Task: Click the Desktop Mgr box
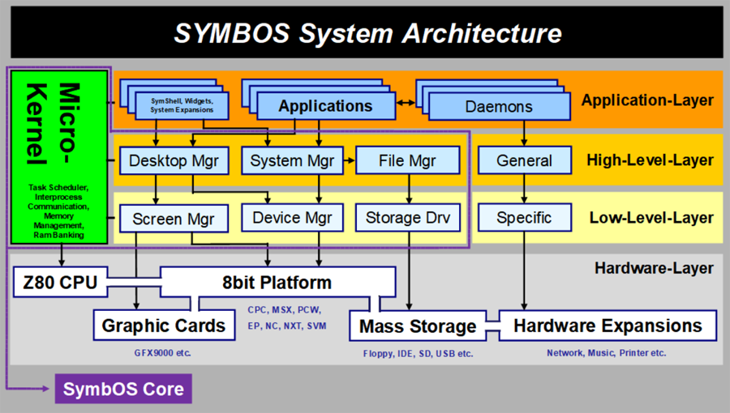(169, 160)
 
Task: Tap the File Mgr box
(407, 160)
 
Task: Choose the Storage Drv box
(407, 217)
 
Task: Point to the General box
(524, 160)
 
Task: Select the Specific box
(524, 217)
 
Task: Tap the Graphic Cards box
(163, 326)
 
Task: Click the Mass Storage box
(417, 326)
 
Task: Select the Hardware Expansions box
(608, 326)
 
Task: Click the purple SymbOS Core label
(123, 389)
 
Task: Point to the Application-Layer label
(647, 100)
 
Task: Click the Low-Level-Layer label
(650, 218)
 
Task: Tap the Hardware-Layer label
(654, 268)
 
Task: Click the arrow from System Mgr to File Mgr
(349, 160)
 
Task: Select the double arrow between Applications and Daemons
(406, 104)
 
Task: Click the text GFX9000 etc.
(163, 353)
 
